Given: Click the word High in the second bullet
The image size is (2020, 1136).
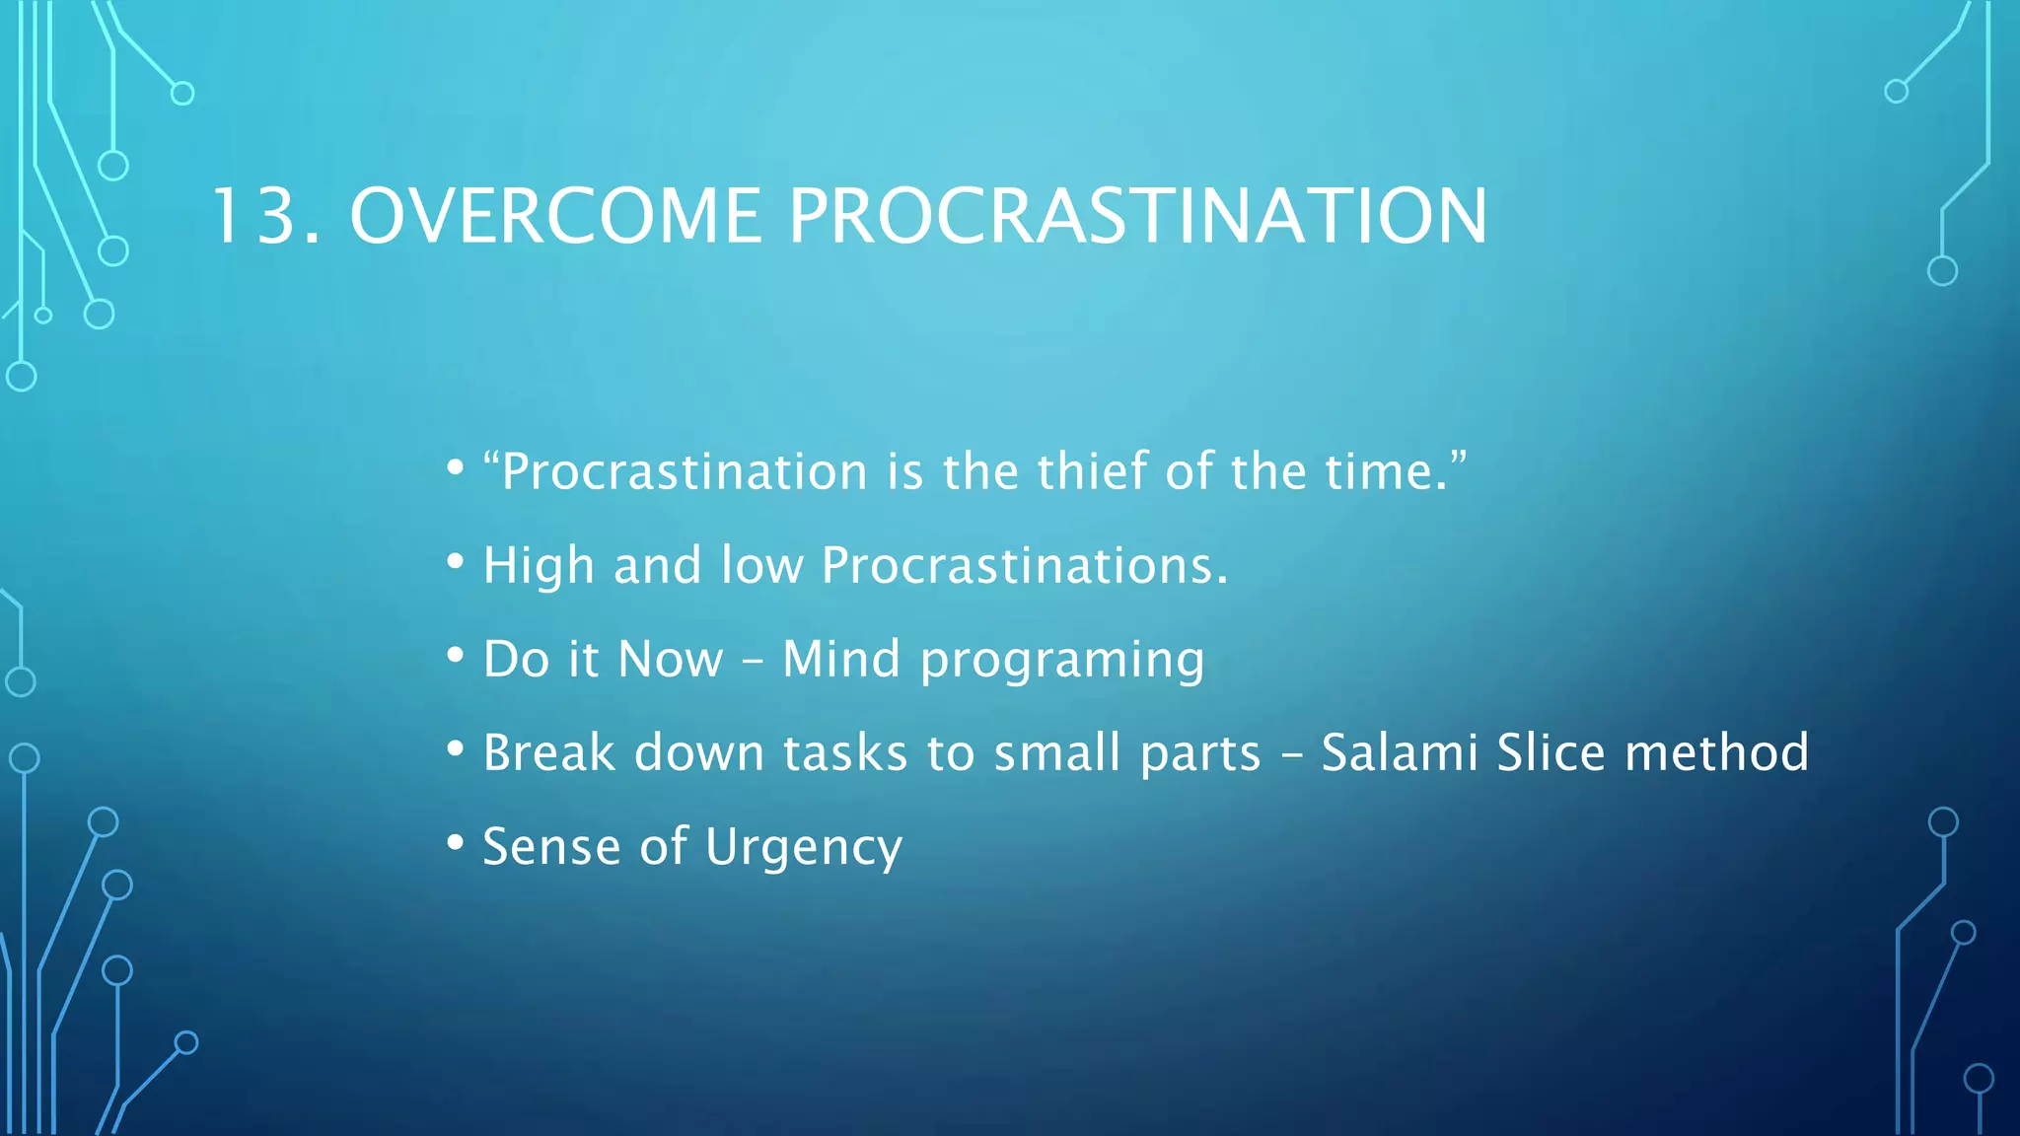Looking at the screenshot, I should [539, 565].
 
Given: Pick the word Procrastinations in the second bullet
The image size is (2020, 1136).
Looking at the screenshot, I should [1025, 565].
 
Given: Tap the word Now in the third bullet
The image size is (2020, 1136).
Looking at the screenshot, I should [671, 659].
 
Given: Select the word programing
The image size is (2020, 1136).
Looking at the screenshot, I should [1062, 661].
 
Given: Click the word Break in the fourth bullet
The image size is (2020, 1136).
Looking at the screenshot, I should [548, 752].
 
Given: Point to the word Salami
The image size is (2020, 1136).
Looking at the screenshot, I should [1399, 752].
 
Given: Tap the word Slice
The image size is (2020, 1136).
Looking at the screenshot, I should [1551, 752].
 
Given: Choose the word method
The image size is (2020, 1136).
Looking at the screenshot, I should [1716, 752].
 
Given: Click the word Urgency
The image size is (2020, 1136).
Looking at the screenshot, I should [803, 848].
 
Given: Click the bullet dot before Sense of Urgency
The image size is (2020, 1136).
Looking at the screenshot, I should [455, 843].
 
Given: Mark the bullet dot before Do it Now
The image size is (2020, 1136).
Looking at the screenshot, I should [455, 656].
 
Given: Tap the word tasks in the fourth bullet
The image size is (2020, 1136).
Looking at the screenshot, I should [844, 752].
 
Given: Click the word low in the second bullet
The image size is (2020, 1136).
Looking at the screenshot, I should [761, 565].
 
